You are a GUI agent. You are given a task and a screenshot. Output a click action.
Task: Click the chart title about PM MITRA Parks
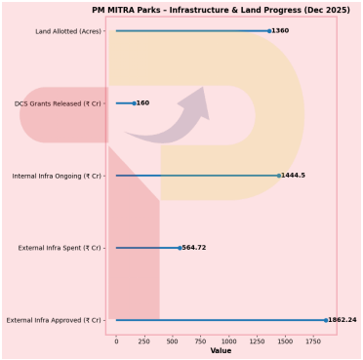click(221, 10)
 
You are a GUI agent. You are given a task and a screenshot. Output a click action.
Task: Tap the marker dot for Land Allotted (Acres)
click(269, 31)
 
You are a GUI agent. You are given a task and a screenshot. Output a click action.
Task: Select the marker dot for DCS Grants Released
click(134, 103)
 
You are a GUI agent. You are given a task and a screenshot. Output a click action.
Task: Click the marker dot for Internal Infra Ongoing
click(279, 176)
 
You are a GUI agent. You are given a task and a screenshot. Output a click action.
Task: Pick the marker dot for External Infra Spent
click(180, 248)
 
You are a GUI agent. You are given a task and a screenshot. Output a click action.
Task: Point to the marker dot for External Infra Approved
click(326, 320)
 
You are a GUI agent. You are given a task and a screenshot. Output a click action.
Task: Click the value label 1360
click(281, 31)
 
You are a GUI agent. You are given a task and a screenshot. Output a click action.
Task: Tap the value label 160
click(143, 103)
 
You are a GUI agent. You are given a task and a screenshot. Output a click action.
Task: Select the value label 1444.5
click(294, 176)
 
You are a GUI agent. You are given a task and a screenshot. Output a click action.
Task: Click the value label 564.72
click(194, 248)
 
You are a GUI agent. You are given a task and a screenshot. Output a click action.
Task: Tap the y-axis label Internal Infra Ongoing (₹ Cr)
click(57, 176)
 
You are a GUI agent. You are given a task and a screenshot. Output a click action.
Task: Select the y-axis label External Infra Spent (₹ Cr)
click(60, 248)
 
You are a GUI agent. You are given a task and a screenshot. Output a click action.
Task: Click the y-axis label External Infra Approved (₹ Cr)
click(54, 320)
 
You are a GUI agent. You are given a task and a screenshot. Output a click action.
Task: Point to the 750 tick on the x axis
click(201, 341)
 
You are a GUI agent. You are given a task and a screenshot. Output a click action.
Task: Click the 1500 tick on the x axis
click(285, 341)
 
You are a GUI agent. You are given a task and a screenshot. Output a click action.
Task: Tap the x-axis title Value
click(221, 351)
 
